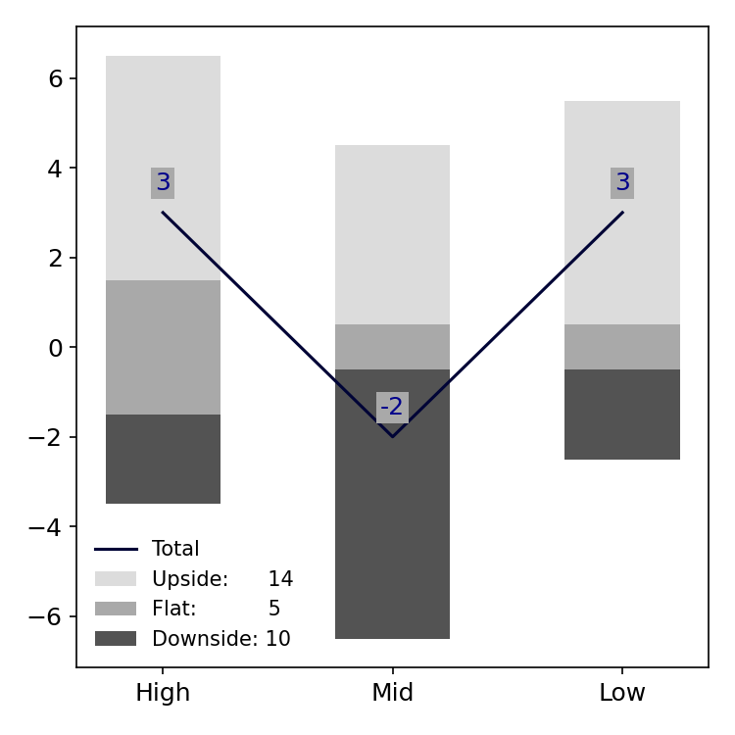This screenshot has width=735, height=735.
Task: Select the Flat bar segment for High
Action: point(163,347)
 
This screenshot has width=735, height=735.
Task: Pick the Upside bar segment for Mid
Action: point(392,234)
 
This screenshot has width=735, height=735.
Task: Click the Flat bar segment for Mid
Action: point(392,347)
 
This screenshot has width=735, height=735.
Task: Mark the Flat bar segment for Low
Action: point(622,347)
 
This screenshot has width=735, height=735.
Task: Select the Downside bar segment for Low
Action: point(622,415)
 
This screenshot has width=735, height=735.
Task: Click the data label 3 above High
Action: point(163,183)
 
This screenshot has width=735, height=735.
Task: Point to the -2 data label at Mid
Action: point(392,408)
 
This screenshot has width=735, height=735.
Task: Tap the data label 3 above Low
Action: point(622,183)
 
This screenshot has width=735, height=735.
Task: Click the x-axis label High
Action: point(163,693)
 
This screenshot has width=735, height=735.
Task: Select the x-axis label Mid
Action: point(392,693)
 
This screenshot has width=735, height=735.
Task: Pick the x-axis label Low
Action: point(622,693)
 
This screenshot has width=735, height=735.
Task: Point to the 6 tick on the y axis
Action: point(56,78)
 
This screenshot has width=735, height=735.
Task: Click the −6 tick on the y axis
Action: point(49,616)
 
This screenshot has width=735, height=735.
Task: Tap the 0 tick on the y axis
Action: point(56,348)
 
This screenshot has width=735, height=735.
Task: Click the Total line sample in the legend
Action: point(116,550)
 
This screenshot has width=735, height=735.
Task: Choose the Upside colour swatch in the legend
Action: point(116,579)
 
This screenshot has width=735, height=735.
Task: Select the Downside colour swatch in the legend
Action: point(116,639)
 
